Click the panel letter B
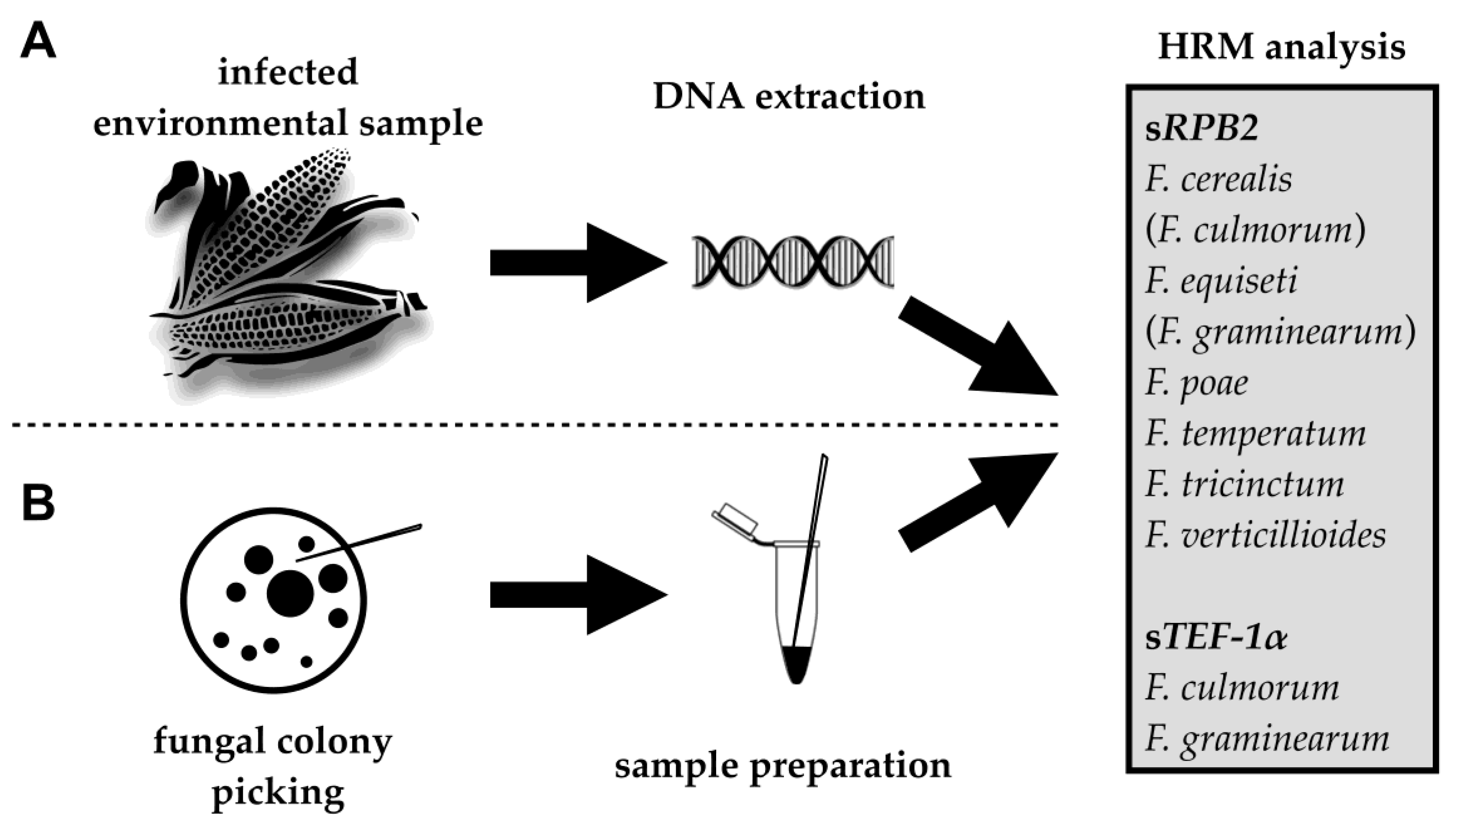pyautogui.click(x=38, y=503)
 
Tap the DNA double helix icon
pyautogui.click(x=793, y=261)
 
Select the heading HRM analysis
pyautogui.click(x=1281, y=47)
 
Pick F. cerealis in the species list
pyautogui.click(x=1218, y=179)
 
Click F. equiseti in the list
pyautogui.click(x=1221, y=281)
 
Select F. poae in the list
pyautogui.click(x=1197, y=383)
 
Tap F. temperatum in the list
pyautogui.click(x=1255, y=434)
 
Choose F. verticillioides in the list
pyautogui.click(x=1265, y=536)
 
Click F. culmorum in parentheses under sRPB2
pyautogui.click(x=1255, y=230)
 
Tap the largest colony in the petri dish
pyautogui.click(x=290, y=593)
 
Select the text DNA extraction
pyautogui.click(x=788, y=97)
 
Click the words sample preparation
pyautogui.click(x=783, y=766)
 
